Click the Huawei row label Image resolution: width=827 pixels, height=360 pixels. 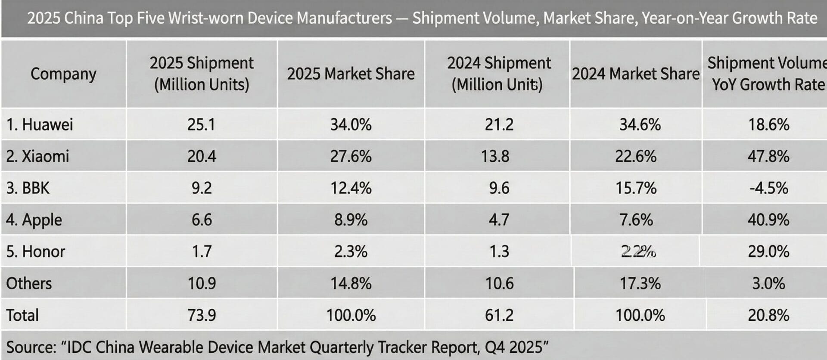(x=40, y=125)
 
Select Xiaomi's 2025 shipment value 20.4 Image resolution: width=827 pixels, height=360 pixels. (x=202, y=156)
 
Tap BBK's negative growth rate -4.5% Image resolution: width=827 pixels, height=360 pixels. (x=768, y=188)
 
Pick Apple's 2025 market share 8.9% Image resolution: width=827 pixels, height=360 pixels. (x=351, y=220)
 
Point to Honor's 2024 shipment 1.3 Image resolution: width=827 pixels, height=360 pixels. (x=499, y=251)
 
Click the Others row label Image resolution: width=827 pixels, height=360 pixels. (x=29, y=283)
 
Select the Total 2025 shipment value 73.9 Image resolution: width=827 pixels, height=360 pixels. (x=202, y=315)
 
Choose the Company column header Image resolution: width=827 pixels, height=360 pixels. (x=63, y=74)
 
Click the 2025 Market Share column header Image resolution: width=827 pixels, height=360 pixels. (x=351, y=74)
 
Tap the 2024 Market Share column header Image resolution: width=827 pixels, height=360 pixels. (x=635, y=74)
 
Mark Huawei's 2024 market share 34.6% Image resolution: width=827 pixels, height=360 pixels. (x=640, y=125)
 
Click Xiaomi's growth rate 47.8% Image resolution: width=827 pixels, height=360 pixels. (x=768, y=156)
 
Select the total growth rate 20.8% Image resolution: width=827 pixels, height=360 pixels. (x=768, y=315)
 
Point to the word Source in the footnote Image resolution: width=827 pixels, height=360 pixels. (x=31, y=347)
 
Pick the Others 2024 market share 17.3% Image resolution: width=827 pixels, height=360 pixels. (x=640, y=283)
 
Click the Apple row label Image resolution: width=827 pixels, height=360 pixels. (x=34, y=220)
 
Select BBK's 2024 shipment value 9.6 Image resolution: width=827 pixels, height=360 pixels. (x=499, y=188)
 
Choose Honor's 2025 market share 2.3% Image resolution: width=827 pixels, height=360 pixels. (x=351, y=251)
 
